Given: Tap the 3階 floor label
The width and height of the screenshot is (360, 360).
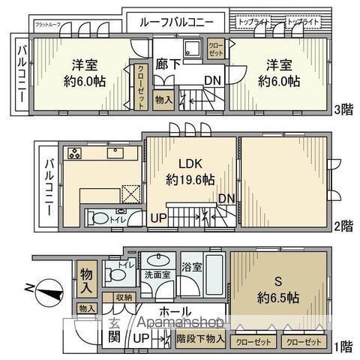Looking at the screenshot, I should click(342, 110).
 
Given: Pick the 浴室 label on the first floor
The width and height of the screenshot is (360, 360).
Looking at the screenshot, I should click(190, 265).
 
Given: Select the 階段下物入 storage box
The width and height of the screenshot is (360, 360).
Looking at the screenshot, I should click(199, 338).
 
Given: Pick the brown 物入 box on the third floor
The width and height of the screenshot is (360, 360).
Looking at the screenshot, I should click(163, 99).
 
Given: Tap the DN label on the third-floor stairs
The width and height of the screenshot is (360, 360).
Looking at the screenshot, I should click(213, 80).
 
